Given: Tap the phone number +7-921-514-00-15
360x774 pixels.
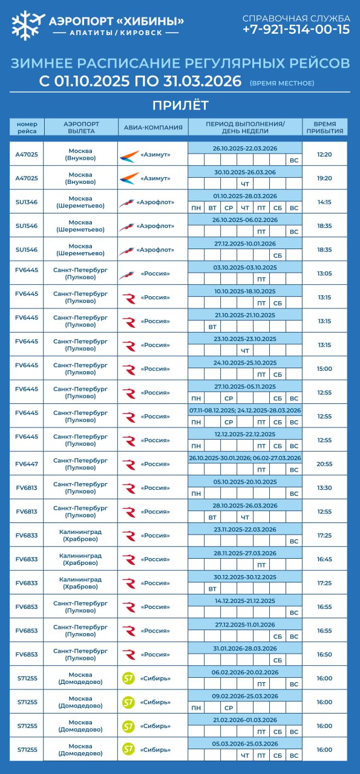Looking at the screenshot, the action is (296, 29).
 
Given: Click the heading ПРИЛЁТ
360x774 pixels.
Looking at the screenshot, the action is (180, 105).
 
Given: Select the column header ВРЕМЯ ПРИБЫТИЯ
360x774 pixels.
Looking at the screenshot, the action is (324, 127).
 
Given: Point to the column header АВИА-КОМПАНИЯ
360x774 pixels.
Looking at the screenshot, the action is (153, 127).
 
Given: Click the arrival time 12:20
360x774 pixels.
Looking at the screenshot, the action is (324, 154).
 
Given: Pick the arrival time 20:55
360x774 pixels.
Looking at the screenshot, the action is (324, 464).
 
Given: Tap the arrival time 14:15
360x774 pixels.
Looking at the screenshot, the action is (324, 202).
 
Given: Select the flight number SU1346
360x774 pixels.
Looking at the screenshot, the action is (27, 202).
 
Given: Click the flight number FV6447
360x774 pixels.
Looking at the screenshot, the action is (27, 464).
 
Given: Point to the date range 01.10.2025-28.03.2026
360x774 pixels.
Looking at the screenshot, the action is (245, 196).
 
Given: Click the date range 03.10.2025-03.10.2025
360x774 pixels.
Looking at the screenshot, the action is (245, 267).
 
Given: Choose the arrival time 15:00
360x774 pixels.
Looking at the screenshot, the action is (324, 368).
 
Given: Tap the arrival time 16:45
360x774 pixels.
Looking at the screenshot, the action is (324, 559).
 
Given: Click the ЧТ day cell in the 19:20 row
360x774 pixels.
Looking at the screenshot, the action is (245, 184).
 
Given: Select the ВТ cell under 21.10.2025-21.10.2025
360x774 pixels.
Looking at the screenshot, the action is (212, 327).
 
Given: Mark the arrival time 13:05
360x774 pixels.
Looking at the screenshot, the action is (324, 273).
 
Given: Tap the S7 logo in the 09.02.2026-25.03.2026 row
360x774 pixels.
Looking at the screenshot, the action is (128, 702).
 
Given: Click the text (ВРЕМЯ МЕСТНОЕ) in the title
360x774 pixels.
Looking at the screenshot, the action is (281, 83).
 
